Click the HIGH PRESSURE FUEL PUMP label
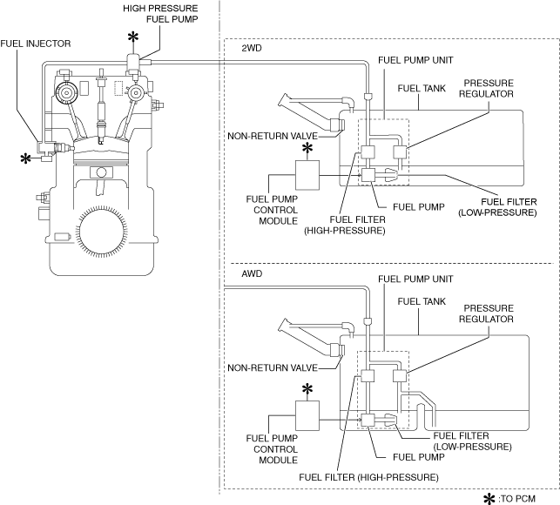[160, 14]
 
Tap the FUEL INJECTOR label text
[36, 44]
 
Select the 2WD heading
[252, 48]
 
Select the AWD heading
[252, 273]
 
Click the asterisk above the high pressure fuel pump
[133, 37]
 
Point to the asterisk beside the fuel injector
[25, 159]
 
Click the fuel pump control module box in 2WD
[307, 175]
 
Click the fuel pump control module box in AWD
[307, 415]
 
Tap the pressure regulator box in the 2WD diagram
[400, 152]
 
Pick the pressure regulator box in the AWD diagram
[400, 376]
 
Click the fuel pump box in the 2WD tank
[368, 175]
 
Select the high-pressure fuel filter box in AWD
[368, 376]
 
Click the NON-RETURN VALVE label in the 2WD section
[273, 136]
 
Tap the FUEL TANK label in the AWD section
[422, 302]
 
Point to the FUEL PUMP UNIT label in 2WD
[415, 60]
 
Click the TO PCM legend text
[516, 499]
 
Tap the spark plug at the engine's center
[102, 107]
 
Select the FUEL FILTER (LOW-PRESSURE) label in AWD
[473, 441]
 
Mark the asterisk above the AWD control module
[307, 390]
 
